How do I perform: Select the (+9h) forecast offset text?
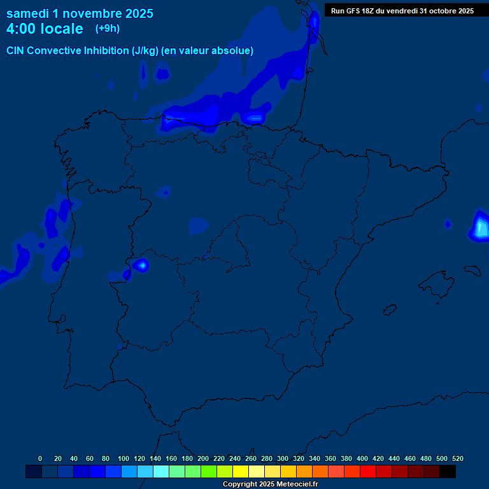click(x=108, y=29)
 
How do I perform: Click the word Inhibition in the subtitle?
click(x=106, y=51)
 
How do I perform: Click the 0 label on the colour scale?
click(x=40, y=458)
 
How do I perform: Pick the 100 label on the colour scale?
click(x=124, y=458)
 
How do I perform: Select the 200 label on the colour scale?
click(x=203, y=458)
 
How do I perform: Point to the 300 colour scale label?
click(x=283, y=458)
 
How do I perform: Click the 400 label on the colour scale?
click(x=362, y=458)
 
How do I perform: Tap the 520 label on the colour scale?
click(x=458, y=458)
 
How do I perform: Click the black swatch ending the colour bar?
click(x=448, y=471)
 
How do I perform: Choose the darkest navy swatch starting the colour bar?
click(x=34, y=471)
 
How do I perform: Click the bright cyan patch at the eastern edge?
click(x=481, y=227)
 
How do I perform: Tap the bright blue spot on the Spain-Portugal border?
click(x=141, y=264)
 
